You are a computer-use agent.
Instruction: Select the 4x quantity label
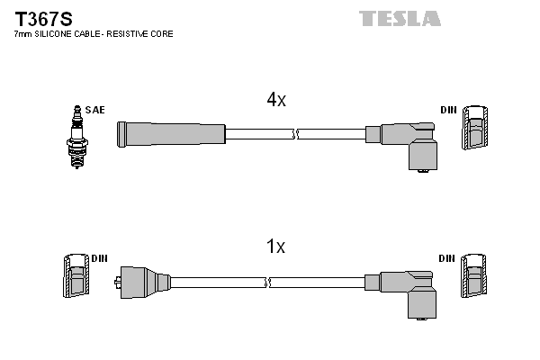point(275,101)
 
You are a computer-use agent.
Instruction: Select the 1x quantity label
point(275,247)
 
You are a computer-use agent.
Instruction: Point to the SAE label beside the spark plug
point(94,110)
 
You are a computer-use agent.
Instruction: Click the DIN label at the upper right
point(448,110)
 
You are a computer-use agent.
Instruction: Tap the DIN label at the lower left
point(99,258)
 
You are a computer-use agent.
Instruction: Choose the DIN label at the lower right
point(447,258)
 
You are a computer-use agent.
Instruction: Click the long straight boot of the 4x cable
point(171,134)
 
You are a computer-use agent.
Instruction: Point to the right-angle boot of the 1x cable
point(409,292)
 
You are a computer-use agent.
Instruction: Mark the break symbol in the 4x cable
point(295,134)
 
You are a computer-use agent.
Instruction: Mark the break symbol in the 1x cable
point(266,283)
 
